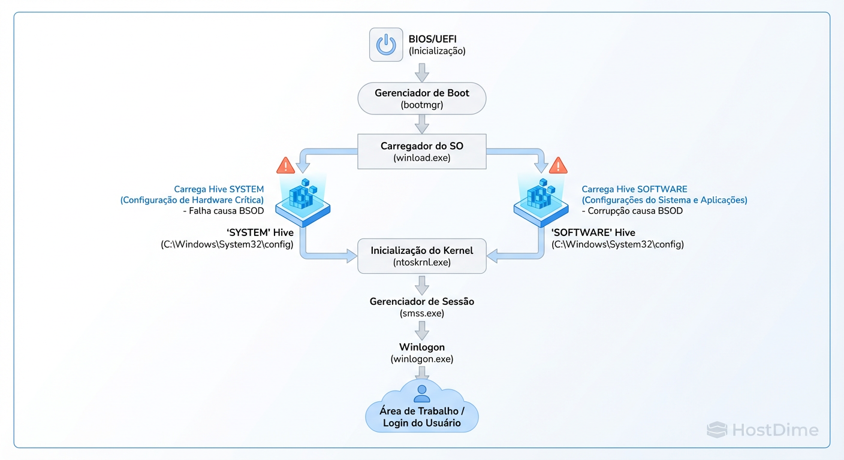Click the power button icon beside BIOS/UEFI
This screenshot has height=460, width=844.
click(386, 44)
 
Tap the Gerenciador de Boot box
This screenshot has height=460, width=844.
click(422, 98)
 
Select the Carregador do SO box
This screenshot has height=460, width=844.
click(422, 152)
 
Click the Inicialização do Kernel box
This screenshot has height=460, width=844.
click(422, 256)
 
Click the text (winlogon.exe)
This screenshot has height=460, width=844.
click(422, 359)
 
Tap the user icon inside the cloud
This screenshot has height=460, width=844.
click(422, 394)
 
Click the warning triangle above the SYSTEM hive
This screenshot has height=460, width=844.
click(286, 165)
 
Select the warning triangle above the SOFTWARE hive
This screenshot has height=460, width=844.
click(558, 165)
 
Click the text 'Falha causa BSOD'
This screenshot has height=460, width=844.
click(223, 211)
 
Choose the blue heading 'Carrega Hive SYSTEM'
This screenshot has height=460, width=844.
click(219, 189)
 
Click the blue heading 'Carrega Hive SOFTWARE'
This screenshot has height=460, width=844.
click(634, 189)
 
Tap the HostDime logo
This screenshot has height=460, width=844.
click(762, 429)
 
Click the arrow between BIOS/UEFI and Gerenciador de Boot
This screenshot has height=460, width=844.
click(422, 72)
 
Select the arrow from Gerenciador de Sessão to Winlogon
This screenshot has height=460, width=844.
click(422, 330)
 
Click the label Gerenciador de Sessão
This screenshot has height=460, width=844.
click(422, 301)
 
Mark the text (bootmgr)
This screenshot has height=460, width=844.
click(422, 105)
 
